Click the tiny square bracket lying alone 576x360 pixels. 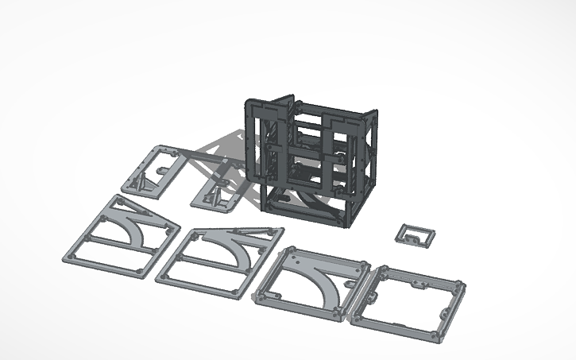pyautogui.click(x=416, y=234)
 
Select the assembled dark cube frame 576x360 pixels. pyautogui.click(x=310, y=159)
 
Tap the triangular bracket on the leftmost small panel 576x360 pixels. pyautogui.click(x=140, y=181)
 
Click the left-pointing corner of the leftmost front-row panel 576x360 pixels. pyautogui.click(x=67, y=258)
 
